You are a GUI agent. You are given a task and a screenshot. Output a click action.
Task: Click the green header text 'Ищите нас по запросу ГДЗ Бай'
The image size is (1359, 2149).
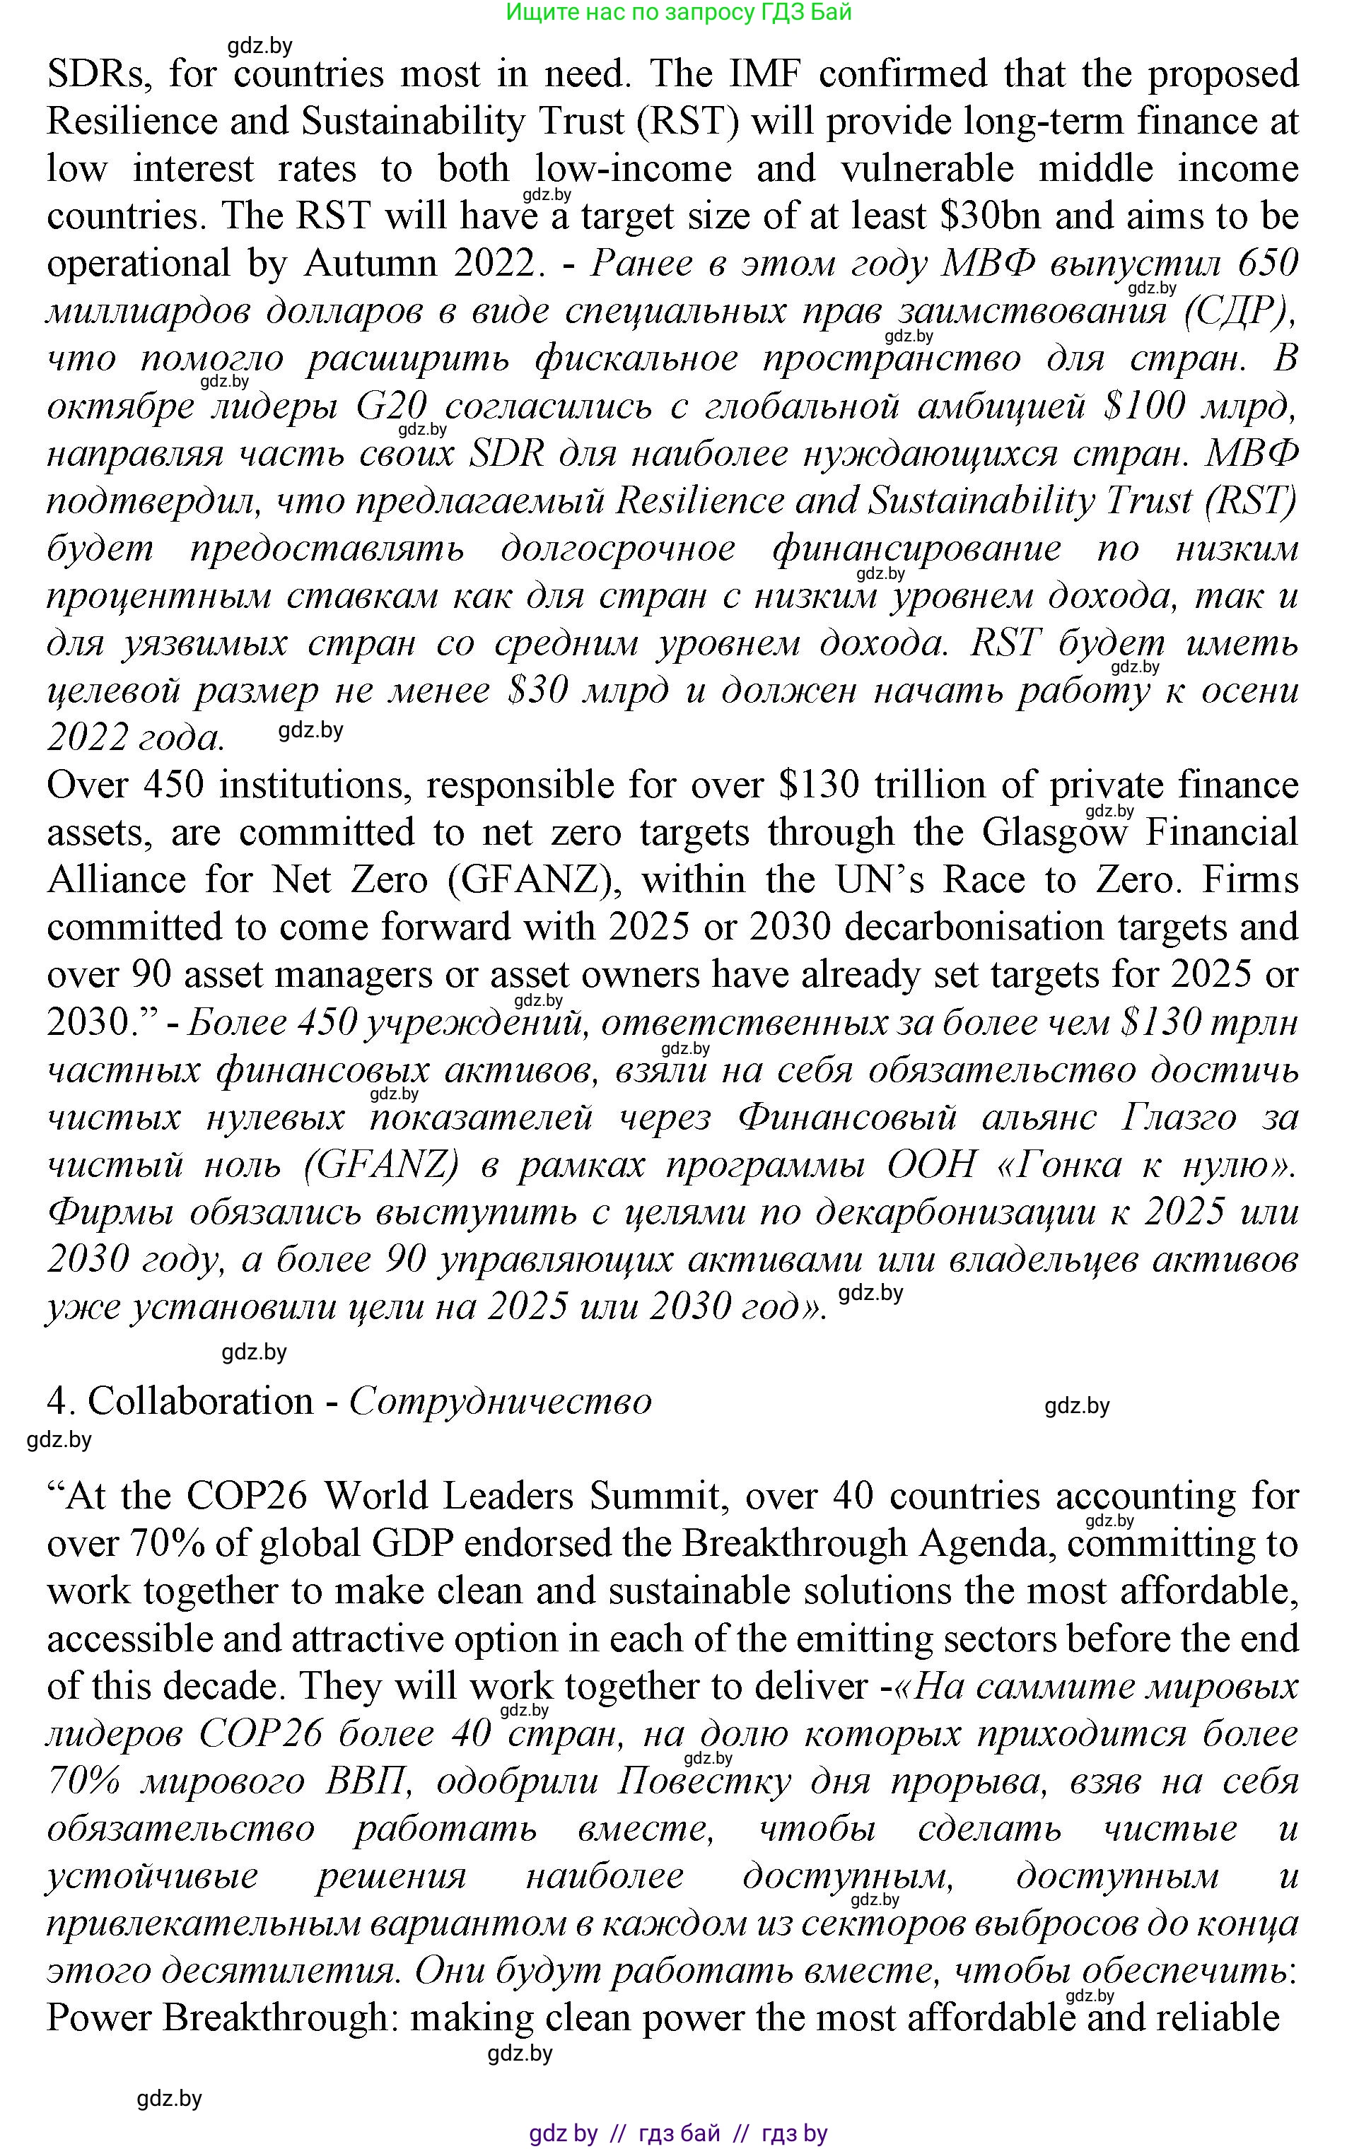coord(679,13)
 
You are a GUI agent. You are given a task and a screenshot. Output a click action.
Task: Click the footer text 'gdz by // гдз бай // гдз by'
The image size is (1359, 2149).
coord(679,2133)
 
